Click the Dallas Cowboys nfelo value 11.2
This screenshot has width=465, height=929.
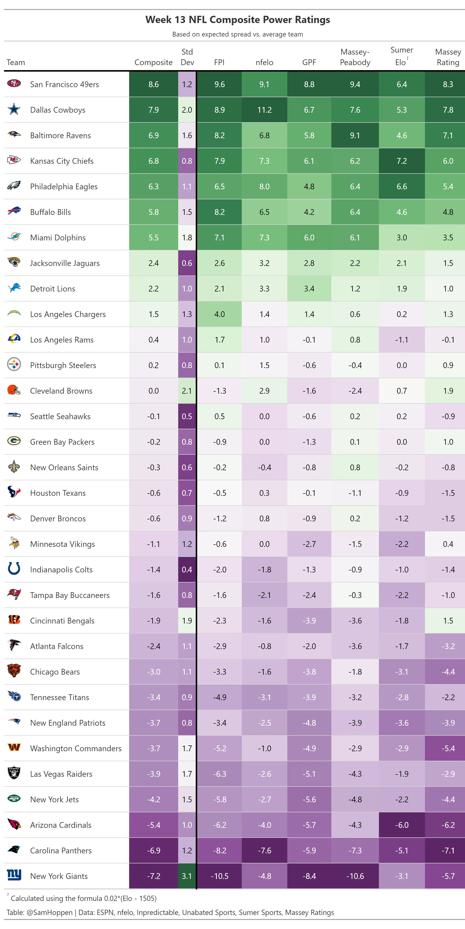pyautogui.click(x=264, y=110)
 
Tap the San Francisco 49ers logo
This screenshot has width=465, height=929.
pyautogui.click(x=14, y=84)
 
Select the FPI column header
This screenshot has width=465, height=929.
pyautogui.click(x=219, y=62)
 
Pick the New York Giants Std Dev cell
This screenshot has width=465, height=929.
pyautogui.click(x=187, y=876)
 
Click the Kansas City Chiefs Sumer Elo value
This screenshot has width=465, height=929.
pyautogui.click(x=402, y=161)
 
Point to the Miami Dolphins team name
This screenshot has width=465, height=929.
pyautogui.click(x=58, y=238)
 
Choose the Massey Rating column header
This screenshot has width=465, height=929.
pyautogui.click(x=448, y=57)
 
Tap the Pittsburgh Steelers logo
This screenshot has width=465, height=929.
pyautogui.click(x=14, y=365)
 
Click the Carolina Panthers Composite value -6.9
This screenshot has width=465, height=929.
pyautogui.click(x=154, y=850)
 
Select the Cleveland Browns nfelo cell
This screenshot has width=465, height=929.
pyautogui.click(x=264, y=391)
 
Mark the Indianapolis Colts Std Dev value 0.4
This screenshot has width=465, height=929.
pyautogui.click(x=187, y=569)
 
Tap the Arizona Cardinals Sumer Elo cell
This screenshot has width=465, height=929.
pyautogui.click(x=402, y=825)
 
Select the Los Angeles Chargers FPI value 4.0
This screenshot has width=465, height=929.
pyautogui.click(x=219, y=314)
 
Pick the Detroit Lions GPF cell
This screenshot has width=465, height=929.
pyautogui.click(x=309, y=288)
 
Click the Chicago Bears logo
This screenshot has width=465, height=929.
pyautogui.click(x=14, y=671)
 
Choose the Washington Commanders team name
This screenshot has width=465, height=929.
pyautogui.click(x=76, y=748)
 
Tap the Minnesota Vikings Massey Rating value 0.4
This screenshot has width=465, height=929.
pyautogui.click(x=448, y=544)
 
